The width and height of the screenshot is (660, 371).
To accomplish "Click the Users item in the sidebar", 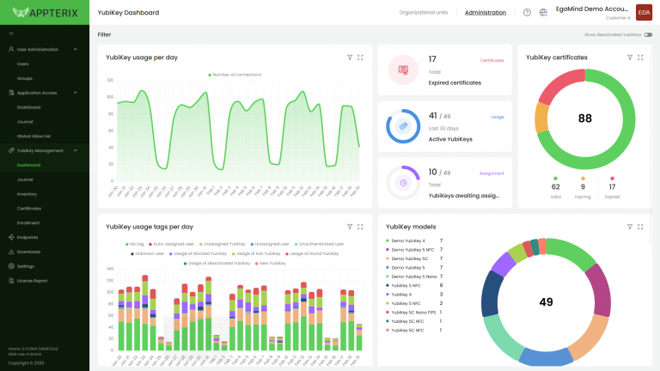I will (23, 64).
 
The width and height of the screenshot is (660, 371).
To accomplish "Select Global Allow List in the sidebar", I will (34, 136).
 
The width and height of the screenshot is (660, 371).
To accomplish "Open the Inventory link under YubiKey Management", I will (27, 194).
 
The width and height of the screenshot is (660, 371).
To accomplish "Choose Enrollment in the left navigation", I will (27, 222).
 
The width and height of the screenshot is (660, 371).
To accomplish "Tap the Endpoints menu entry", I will (27, 237).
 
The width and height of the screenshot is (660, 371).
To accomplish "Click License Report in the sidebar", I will (32, 281).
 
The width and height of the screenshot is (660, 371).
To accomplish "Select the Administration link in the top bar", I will (486, 13).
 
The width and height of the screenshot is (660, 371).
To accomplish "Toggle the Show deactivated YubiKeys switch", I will (648, 35).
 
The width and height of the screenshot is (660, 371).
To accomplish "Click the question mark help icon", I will (527, 13).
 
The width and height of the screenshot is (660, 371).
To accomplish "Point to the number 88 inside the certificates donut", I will (585, 119).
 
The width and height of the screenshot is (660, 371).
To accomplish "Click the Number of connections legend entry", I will (235, 75).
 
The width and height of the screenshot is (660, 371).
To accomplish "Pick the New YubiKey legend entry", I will (270, 263).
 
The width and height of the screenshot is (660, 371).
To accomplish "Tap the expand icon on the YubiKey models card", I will (640, 227).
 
